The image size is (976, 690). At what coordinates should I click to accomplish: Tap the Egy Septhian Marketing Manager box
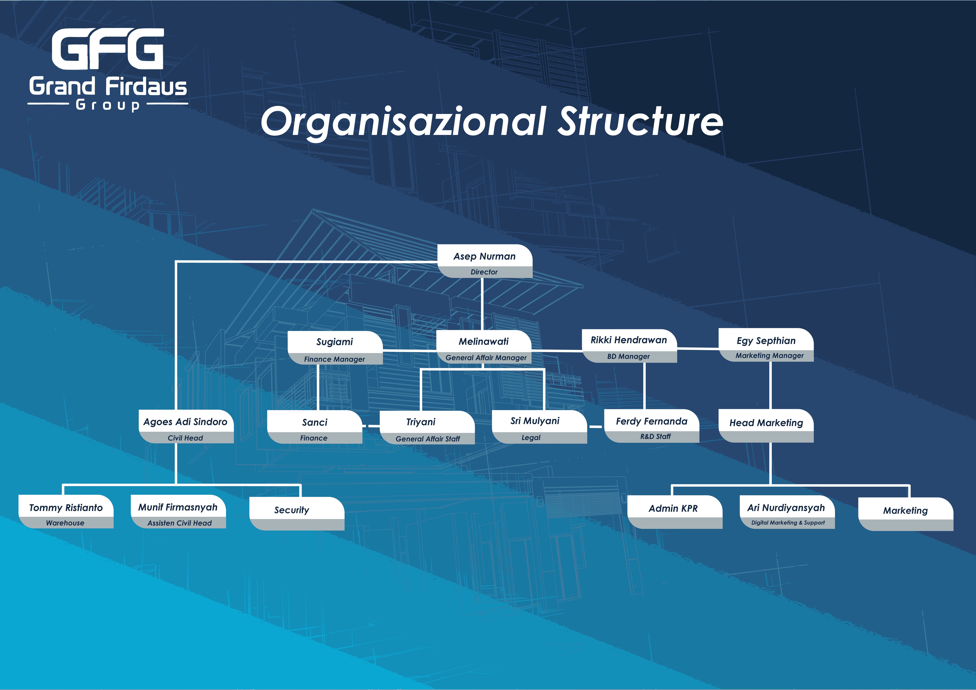766,345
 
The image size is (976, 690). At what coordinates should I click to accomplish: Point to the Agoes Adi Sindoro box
186,427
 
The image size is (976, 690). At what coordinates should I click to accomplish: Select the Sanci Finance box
315,427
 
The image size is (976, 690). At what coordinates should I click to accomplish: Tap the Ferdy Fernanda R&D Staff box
651,426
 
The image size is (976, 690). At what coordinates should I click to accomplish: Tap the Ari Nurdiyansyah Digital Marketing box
787,512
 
